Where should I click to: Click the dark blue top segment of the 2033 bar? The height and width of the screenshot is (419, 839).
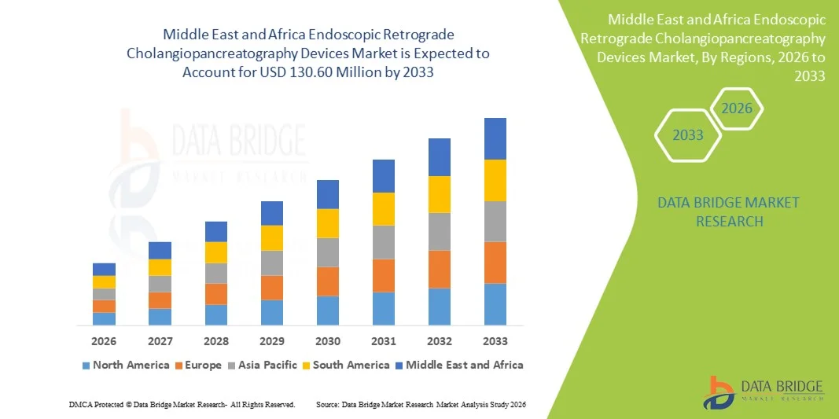coord(495,138)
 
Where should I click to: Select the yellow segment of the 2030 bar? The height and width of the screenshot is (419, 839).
coord(328,223)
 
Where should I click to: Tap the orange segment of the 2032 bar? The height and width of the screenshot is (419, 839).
coord(439,269)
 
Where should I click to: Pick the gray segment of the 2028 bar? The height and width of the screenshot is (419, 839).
coord(216,273)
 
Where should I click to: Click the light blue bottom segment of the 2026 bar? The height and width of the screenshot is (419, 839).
coord(104,318)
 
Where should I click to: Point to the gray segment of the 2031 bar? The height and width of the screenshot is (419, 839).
coord(384,242)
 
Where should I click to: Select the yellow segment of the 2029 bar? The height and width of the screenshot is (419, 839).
coord(272,237)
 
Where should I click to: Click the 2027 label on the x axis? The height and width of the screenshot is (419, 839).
coord(160,341)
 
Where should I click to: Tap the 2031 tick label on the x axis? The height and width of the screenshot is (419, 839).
coord(384,341)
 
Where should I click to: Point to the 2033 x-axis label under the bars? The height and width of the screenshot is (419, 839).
coord(495,341)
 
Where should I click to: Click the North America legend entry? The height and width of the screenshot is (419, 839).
coord(125,365)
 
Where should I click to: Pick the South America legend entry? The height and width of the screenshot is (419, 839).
coord(345,365)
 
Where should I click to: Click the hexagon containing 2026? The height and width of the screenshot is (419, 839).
coord(738,108)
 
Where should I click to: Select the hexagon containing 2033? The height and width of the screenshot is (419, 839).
coord(687,135)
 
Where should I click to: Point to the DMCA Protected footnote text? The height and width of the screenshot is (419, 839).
coord(182,404)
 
